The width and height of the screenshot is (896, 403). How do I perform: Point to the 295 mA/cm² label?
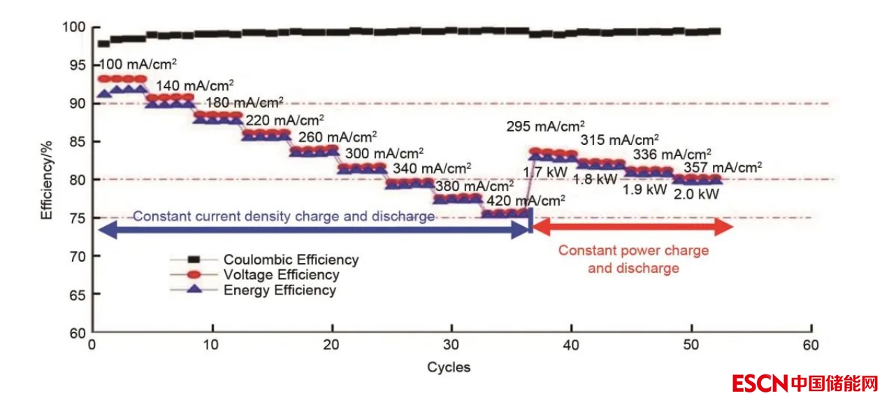[546, 127]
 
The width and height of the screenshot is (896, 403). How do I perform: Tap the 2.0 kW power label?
[696, 194]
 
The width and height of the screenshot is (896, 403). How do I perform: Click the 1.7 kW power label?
[547, 171]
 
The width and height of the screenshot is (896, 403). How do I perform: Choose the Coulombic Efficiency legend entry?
[291, 260]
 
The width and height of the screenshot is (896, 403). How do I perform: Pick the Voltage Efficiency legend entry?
[281, 275]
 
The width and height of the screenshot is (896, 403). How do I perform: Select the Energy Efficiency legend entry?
[280, 290]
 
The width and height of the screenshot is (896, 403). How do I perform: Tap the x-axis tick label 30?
[451, 346]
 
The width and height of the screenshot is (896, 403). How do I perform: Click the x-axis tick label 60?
[811, 346]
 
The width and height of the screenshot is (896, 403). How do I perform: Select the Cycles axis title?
[449, 367]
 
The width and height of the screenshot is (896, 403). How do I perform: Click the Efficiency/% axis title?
[46, 179]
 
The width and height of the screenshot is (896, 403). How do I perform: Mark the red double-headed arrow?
[633, 227]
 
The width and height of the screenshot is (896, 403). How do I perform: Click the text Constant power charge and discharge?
[633, 259]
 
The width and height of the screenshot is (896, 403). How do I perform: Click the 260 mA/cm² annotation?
[338, 136]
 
